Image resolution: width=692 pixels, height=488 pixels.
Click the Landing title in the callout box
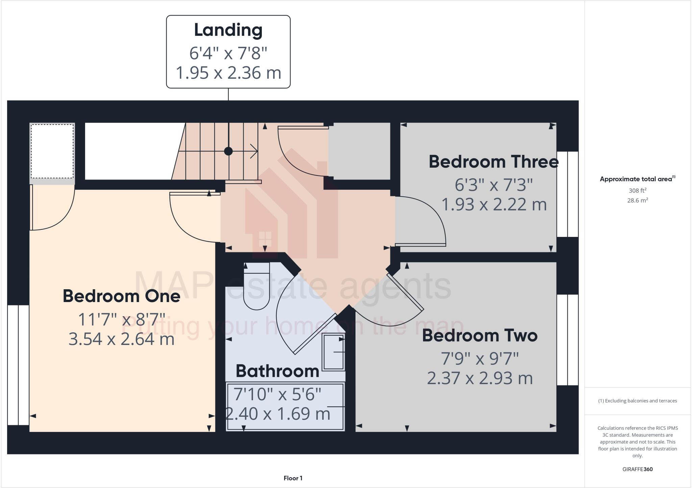tap(228, 30)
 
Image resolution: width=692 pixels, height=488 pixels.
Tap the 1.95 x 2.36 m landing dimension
tap(228, 73)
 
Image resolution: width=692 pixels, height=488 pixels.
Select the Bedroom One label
tap(121, 296)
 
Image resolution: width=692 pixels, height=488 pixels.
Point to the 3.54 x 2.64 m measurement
tap(121, 339)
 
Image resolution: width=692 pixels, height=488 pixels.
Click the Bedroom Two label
tap(480, 335)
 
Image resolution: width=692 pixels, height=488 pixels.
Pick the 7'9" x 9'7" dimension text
tap(480, 359)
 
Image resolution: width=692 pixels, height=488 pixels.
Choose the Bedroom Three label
tap(493, 162)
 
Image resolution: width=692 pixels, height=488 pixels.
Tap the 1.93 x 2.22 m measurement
tap(494, 205)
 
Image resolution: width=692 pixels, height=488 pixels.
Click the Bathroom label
tap(277, 371)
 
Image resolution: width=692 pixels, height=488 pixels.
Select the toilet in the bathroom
tap(256, 290)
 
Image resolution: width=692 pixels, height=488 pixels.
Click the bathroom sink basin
tap(333, 352)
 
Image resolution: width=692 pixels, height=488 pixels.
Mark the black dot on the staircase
tap(228, 151)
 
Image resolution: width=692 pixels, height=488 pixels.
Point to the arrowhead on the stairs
tap(254, 151)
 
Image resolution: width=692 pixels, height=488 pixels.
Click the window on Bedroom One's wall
tap(18, 365)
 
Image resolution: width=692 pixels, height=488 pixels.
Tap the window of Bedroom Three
tap(568, 194)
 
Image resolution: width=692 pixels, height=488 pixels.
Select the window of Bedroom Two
tap(568, 340)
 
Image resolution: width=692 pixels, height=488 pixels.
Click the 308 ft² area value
tap(637, 190)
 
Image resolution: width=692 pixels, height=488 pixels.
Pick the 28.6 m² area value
tap(637, 200)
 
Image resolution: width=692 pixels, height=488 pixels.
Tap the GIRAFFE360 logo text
tap(637, 469)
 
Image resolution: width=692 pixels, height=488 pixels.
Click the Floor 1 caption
tap(293, 478)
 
